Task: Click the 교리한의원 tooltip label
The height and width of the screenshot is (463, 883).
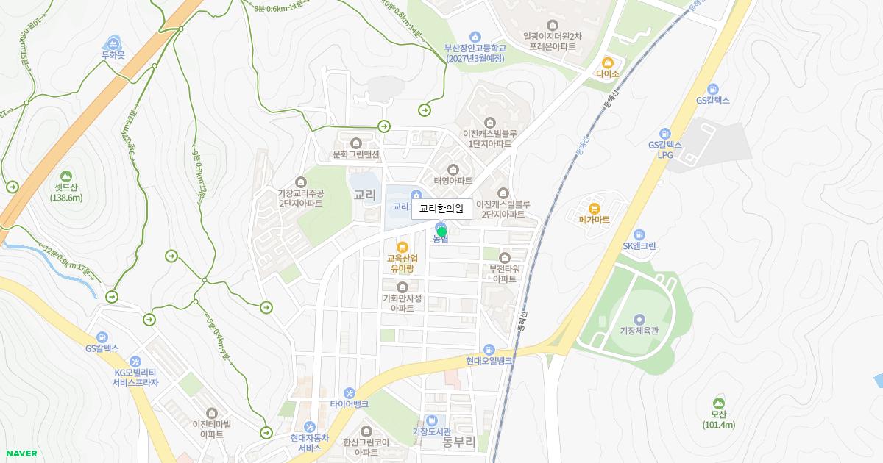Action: click(x=441, y=209)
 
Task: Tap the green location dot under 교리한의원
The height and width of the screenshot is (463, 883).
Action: click(x=441, y=232)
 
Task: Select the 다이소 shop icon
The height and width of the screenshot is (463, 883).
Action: click(x=608, y=62)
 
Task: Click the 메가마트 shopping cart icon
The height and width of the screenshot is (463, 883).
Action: click(x=595, y=208)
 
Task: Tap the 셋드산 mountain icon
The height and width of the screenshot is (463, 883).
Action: click(x=67, y=176)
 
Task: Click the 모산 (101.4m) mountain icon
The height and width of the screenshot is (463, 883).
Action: click(x=718, y=403)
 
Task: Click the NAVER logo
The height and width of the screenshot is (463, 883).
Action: click(x=21, y=453)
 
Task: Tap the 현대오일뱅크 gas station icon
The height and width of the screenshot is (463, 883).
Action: click(x=489, y=349)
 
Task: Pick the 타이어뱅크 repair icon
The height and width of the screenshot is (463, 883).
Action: click(x=349, y=392)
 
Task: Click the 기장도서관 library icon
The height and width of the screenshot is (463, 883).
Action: click(x=431, y=420)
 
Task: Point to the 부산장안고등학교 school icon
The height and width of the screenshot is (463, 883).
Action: click(x=475, y=37)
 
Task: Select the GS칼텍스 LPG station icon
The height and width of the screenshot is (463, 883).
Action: click(x=665, y=134)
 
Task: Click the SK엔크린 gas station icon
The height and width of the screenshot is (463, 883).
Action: click(x=639, y=234)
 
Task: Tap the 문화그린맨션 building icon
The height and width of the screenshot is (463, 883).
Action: click(x=356, y=143)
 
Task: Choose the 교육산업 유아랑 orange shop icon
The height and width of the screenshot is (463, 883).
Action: click(x=402, y=247)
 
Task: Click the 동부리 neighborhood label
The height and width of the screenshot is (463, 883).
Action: click(x=459, y=442)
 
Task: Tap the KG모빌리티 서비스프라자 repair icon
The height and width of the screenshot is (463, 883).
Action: click(x=135, y=362)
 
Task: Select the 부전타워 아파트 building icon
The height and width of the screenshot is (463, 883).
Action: click(x=505, y=257)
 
